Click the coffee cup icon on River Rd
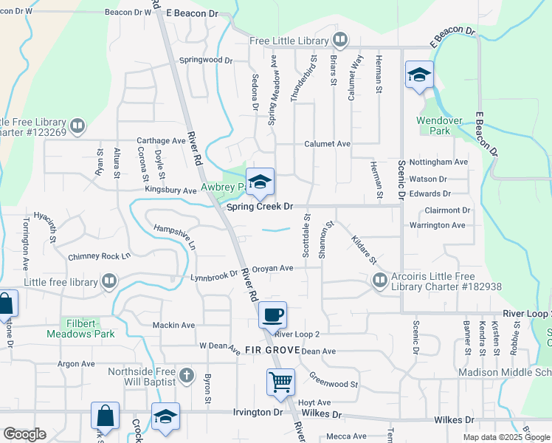point(272,315)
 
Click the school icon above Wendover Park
point(418,75)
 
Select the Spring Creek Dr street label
point(260,207)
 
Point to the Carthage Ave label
point(161,140)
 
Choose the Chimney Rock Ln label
point(99,256)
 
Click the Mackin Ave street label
point(173,325)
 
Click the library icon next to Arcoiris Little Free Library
point(379,280)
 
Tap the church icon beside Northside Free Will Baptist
point(186,376)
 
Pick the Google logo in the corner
point(24,434)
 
